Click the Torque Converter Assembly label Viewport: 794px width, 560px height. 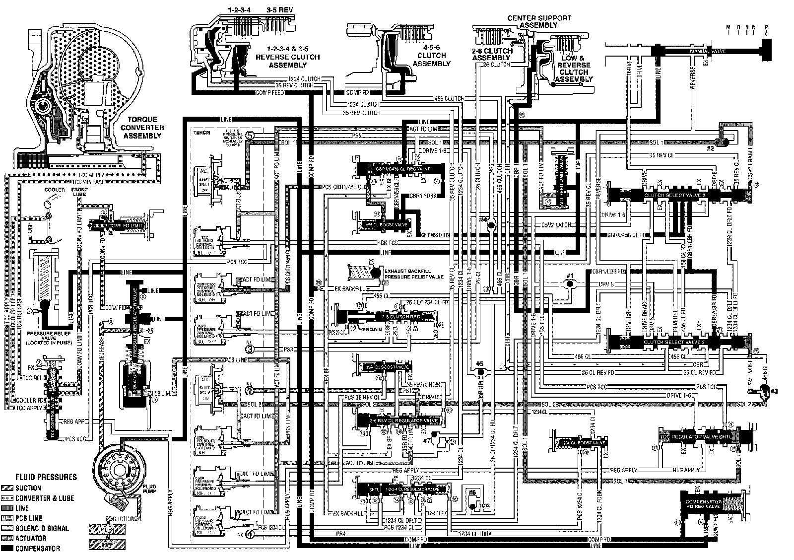(x=143, y=128)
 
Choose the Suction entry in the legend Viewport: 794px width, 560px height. (x=28, y=488)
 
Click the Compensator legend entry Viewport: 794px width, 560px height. (x=38, y=549)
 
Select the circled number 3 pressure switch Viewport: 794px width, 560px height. (x=250, y=350)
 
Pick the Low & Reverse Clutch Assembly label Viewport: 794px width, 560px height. (x=575, y=69)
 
